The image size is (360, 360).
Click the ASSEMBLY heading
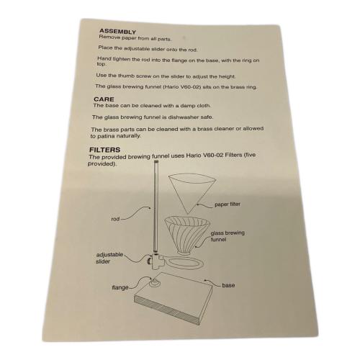click(117, 32)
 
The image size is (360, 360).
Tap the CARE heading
click(104, 99)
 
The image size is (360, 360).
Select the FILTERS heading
click(104, 150)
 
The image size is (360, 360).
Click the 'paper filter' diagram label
click(228, 204)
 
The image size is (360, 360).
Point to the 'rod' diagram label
click(115, 219)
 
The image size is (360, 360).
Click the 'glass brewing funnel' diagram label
click(228, 236)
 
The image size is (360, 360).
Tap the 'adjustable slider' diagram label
click(109, 258)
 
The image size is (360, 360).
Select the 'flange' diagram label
click(120, 287)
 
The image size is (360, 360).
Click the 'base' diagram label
click(228, 285)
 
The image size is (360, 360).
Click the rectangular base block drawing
click(173, 298)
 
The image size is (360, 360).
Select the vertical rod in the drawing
click(156, 207)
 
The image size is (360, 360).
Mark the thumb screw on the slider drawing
click(149, 261)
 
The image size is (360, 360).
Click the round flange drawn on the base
click(155, 283)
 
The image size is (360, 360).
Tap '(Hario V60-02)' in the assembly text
click(181, 87)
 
